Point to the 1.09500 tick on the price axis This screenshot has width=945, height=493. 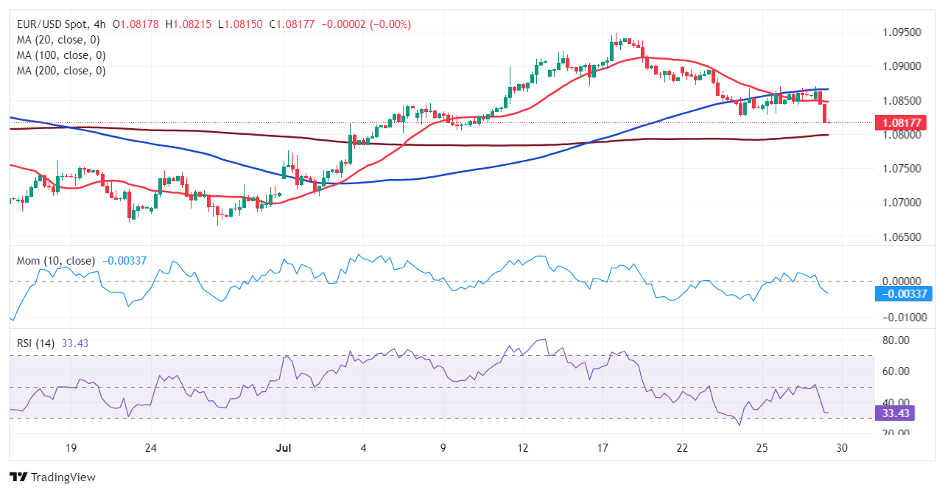pyautogui.click(x=902, y=32)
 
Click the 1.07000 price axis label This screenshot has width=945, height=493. pyautogui.click(x=902, y=203)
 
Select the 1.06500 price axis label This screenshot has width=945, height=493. pyautogui.click(x=902, y=237)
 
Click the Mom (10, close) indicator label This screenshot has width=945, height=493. pyautogui.click(x=55, y=261)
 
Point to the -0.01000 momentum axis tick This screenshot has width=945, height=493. pyautogui.click(x=902, y=318)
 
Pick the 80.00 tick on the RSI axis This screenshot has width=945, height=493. pyautogui.click(x=896, y=340)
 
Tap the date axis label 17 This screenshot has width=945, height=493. pyautogui.click(x=602, y=448)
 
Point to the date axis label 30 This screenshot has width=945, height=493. pyautogui.click(x=843, y=448)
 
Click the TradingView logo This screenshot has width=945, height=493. pyautogui.click(x=53, y=477)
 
